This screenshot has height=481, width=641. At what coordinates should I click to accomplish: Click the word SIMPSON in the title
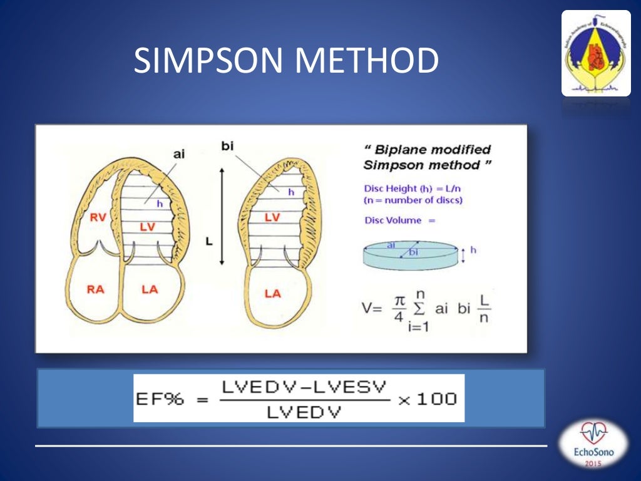click(209, 61)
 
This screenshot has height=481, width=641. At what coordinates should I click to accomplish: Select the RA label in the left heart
click(96, 289)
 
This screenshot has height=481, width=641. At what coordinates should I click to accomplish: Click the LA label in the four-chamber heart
click(150, 289)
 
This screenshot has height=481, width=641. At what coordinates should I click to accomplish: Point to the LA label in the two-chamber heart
click(272, 293)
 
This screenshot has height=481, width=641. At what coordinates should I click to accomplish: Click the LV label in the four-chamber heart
click(147, 227)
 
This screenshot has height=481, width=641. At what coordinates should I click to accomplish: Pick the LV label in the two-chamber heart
click(272, 217)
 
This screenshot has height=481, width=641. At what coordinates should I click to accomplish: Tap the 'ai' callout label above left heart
click(179, 152)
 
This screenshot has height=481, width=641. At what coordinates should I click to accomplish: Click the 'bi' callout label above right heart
click(228, 145)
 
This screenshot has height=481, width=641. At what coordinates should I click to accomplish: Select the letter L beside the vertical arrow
click(208, 241)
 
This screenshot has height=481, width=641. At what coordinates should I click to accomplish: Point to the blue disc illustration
click(409, 254)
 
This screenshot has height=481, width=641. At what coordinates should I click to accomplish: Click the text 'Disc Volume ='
click(399, 220)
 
